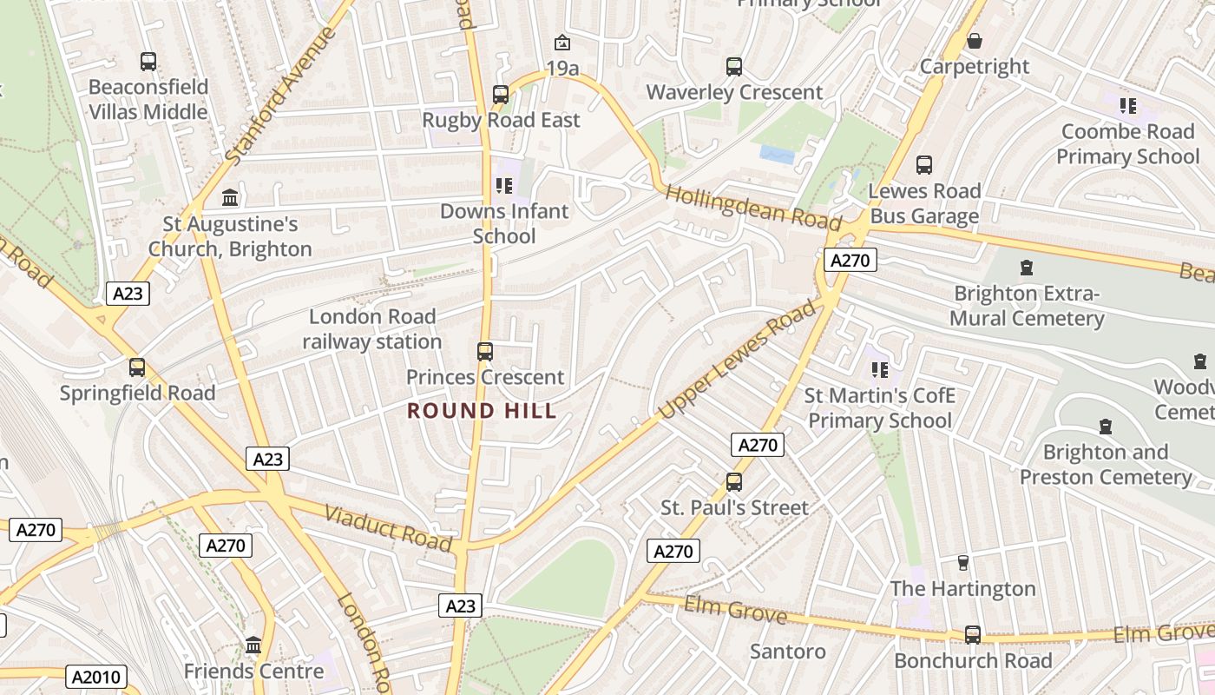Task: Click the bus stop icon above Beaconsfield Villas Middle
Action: click(x=148, y=62)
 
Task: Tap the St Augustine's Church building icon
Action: click(x=230, y=198)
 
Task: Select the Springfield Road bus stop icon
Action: click(x=137, y=367)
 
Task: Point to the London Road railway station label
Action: click(x=372, y=329)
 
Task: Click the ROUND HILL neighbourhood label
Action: click(x=482, y=411)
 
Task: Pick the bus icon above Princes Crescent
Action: click(x=485, y=351)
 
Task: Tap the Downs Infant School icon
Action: click(x=504, y=185)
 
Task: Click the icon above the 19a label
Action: click(x=562, y=42)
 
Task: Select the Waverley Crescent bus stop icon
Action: click(x=734, y=66)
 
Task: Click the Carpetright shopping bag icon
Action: click(x=975, y=41)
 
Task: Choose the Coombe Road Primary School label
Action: click(x=1127, y=144)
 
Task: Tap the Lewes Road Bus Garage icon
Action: click(x=924, y=165)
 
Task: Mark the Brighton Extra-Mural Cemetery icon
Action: click(x=1027, y=268)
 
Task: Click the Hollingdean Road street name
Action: click(x=752, y=208)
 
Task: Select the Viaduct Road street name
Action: click(x=388, y=527)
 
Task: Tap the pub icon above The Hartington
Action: click(x=962, y=563)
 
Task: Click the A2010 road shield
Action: click(x=98, y=678)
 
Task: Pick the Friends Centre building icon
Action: click(x=253, y=645)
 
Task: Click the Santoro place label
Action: click(x=787, y=651)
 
